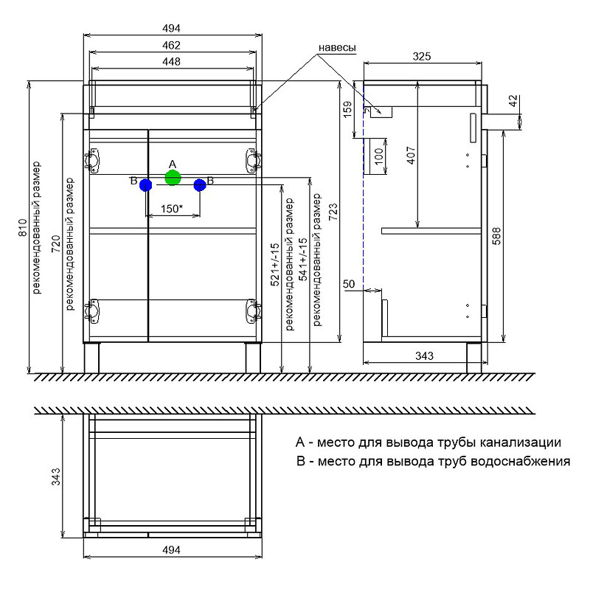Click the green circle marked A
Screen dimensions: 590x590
coord(173,177)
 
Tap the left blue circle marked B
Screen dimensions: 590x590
coord(145,186)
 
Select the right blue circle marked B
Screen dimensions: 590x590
coord(199,185)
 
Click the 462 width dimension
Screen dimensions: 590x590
coord(172,45)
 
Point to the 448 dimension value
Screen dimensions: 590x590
coord(172,62)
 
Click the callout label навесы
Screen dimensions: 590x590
coord(337,48)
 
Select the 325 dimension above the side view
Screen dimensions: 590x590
coord(421,56)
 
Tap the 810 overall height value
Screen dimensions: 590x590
coord(21,229)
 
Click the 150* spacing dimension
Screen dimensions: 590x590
coord(172,209)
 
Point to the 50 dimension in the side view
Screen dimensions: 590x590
coord(349,284)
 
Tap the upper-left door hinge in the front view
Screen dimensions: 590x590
coord(93,159)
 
